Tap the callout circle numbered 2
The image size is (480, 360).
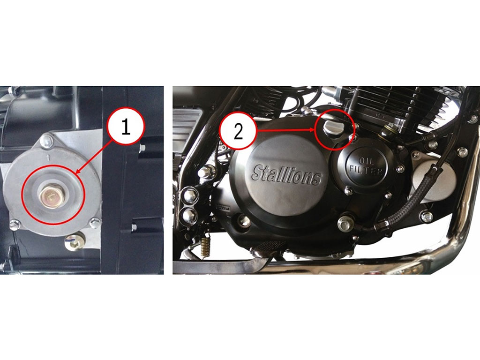(238, 132)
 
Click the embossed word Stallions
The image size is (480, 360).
(286, 175)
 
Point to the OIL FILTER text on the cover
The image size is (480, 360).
(366, 165)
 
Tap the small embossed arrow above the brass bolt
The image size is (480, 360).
(48, 158)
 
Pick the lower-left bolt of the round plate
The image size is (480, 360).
(15, 225)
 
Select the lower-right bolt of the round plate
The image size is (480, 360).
(95, 222)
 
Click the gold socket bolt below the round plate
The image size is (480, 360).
(74, 242)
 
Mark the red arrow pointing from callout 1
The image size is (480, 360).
(91, 158)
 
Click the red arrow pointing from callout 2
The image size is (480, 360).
(286, 130)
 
